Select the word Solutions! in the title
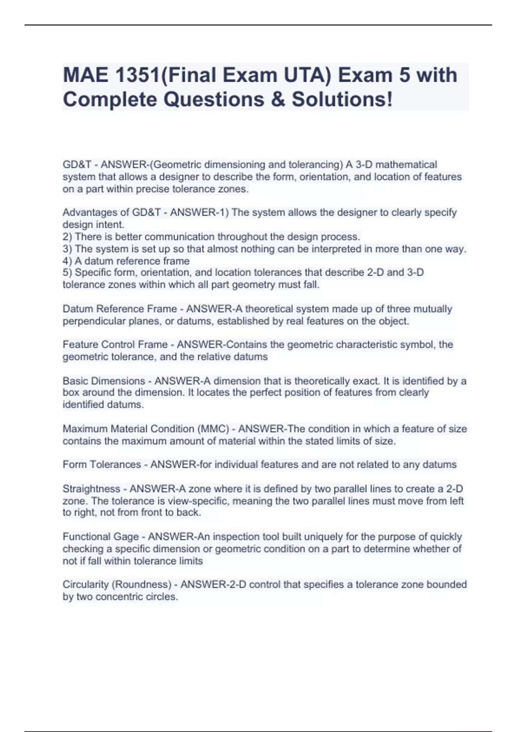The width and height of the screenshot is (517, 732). (x=343, y=99)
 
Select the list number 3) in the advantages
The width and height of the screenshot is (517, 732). (x=68, y=249)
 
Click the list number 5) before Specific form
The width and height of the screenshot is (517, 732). (x=68, y=273)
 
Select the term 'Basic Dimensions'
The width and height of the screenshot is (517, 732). (x=104, y=381)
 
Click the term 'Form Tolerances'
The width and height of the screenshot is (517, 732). (x=102, y=465)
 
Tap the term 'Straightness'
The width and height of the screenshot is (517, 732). (x=91, y=489)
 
